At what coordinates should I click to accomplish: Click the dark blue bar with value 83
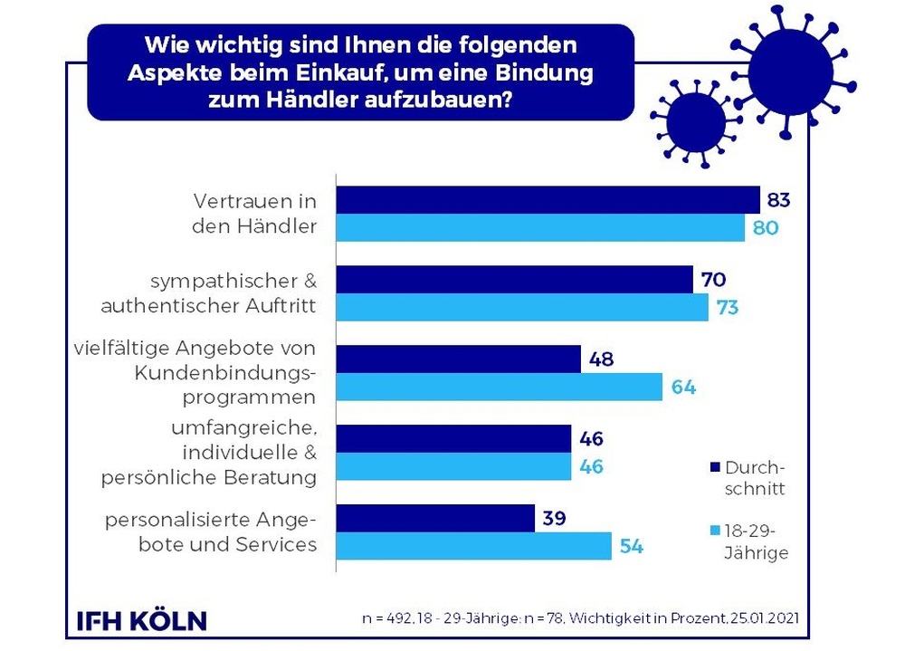548,199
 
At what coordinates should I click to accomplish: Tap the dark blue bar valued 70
514,280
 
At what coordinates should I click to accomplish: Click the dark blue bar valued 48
458,359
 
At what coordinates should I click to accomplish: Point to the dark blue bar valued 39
435,518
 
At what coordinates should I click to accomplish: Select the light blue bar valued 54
473,546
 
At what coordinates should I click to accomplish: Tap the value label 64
683,388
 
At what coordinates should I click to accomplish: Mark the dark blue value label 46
592,440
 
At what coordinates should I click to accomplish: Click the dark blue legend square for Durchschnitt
714,467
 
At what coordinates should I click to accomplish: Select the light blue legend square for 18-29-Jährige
714,531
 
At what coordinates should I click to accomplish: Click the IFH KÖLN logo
141,620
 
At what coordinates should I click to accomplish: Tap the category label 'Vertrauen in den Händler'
254,213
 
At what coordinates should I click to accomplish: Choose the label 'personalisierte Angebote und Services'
211,531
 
